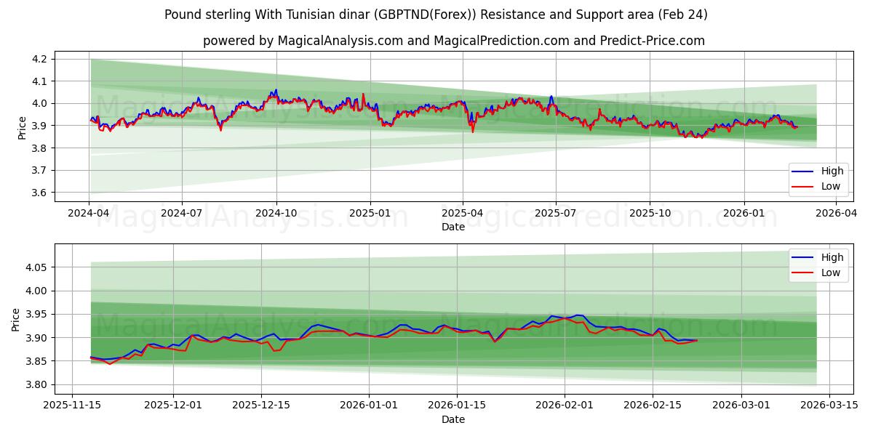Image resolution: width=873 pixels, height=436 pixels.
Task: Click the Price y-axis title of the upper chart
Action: pyautogui.click(x=21, y=125)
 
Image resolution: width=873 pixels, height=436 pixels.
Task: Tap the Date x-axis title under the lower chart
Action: pyautogui.click(x=453, y=420)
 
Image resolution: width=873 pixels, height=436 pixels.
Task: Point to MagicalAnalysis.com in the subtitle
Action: pyautogui.click(x=340, y=41)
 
